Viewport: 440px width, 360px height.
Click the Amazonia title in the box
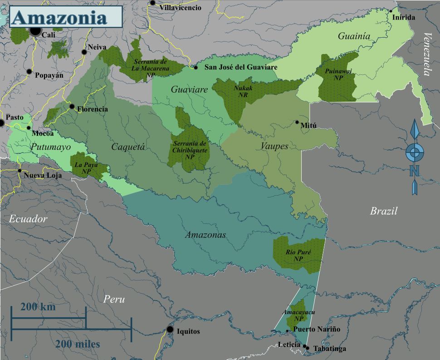tap(59, 18)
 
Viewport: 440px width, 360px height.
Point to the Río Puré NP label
tap(298, 255)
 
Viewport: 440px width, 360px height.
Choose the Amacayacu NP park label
tap(298, 316)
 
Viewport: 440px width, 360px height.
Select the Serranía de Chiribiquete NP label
tap(190, 150)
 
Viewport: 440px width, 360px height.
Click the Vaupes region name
tap(274, 146)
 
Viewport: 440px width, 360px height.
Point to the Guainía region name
tap(354, 36)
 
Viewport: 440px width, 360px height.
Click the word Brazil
tap(383, 211)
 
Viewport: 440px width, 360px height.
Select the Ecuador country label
tap(28, 219)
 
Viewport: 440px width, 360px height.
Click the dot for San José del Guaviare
tap(196, 67)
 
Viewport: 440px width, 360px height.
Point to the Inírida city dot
tap(391, 11)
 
